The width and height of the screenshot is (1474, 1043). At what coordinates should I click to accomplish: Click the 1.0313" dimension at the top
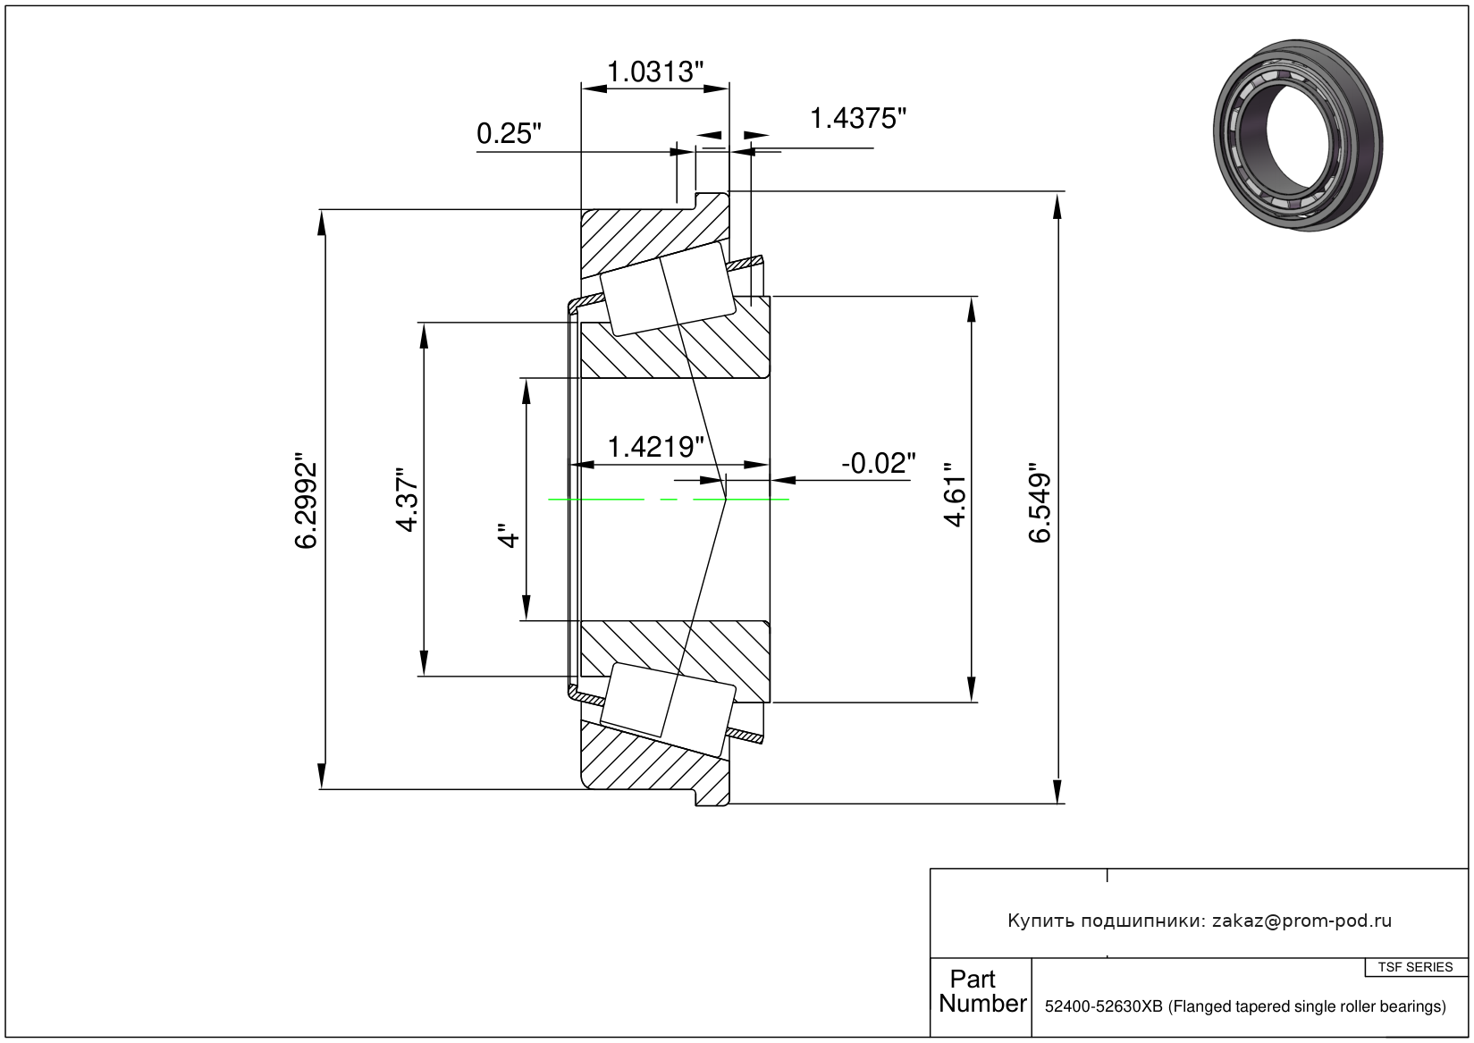(x=654, y=71)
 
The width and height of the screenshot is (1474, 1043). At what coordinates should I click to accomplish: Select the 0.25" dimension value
(x=509, y=133)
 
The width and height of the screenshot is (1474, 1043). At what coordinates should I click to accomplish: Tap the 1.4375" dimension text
(x=857, y=119)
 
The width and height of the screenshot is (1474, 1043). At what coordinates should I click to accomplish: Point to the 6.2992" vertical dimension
(x=306, y=500)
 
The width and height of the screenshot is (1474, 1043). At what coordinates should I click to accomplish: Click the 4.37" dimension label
(x=408, y=500)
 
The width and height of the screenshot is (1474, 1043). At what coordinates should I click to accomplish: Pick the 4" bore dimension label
(x=510, y=536)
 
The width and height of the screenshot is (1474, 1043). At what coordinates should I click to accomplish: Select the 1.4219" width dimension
(x=655, y=447)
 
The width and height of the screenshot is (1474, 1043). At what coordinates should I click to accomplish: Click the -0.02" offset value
(x=879, y=463)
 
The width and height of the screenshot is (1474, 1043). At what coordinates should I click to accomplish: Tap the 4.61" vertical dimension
(x=955, y=495)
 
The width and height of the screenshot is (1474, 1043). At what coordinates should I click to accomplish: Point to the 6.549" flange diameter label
(x=1040, y=507)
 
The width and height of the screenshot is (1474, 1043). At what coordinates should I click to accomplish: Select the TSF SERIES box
(x=1415, y=967)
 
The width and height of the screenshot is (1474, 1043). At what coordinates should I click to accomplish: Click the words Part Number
(x=982, y=991)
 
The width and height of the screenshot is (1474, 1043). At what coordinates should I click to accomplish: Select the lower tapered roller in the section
(x=667, y=710)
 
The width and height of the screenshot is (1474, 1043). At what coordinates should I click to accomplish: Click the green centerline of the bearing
(x=669, y=500)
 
